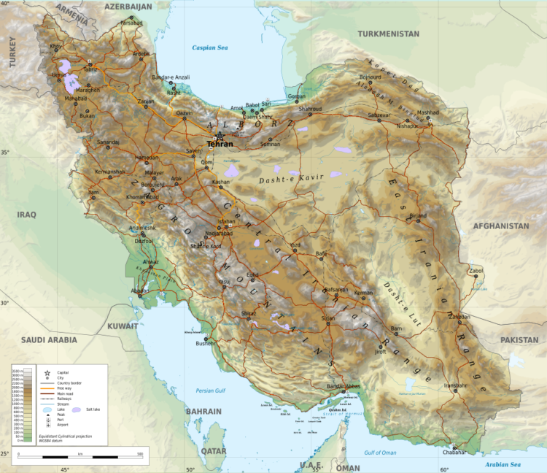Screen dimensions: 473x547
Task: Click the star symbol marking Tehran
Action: click(x=220, y=136)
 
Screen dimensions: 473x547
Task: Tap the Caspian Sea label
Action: click(x=209, y=47)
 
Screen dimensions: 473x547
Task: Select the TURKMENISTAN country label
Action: click(x=388, y=34)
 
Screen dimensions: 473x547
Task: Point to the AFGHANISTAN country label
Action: click(x=501, y=226)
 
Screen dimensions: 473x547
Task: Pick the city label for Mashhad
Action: click(x=428, y=113)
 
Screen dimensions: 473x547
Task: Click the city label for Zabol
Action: click(x=476, y=271)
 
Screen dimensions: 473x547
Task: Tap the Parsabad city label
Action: click(x=132, y=23)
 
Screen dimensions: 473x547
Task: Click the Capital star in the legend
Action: click(x=47, y=373)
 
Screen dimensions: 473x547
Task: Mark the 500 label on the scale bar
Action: click(x=139, y=453)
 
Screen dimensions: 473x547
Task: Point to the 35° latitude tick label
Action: click(x=5, y=152)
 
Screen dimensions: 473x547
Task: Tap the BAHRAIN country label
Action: click(x=203, y=412)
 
